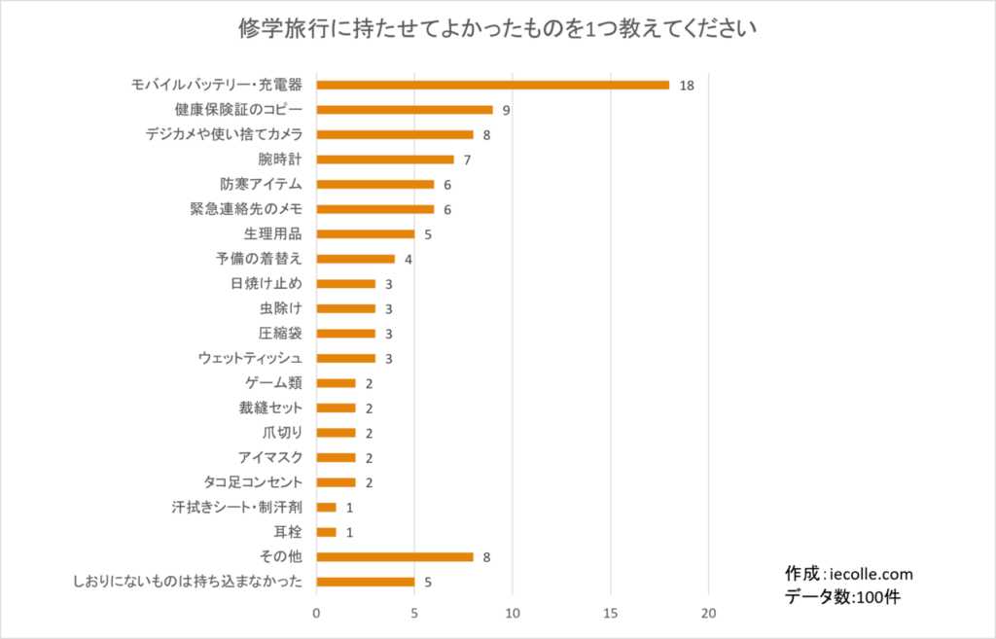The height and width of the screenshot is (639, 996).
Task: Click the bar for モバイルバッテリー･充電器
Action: [x=493, y=85]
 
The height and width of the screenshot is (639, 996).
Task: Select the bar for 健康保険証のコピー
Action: [x=405, y=109]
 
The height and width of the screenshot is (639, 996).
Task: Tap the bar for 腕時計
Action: [x=385, y=159]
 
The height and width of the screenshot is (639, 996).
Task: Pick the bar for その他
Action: [x=395, y=557]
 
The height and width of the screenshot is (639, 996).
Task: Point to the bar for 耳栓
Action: [x=326, y=532]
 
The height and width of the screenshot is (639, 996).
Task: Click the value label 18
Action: [x=687, y=86]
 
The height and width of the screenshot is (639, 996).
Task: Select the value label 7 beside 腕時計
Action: [x=467, y=160]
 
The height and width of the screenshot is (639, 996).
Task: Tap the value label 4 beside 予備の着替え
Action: [x=409, y=260]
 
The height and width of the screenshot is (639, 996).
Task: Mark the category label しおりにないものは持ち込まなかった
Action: [x=188, y=583]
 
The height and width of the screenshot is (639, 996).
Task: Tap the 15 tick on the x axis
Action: [x=611, y=614]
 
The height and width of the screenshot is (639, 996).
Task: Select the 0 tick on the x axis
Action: [x=316, y=614]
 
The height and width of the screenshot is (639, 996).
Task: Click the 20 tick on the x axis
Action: [x=709, y=614]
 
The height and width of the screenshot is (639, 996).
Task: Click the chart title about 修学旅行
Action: [x=497, y=28]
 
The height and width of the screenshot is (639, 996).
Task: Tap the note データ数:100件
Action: [x=842, y=596]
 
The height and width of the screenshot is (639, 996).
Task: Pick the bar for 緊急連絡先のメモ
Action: [x=375, y=209]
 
